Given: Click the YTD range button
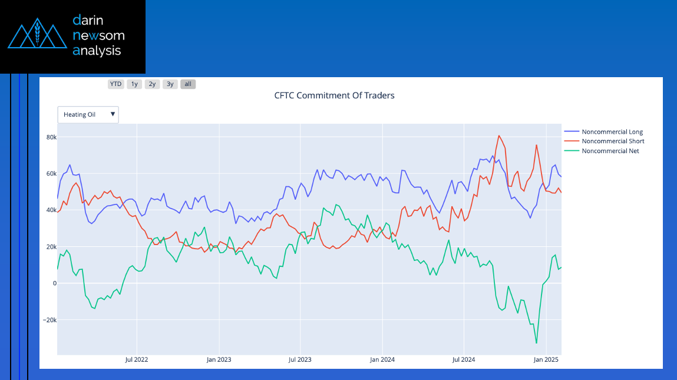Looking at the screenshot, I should point(115,84).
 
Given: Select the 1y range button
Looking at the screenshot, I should point(134,84).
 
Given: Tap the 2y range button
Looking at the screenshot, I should point(152,84).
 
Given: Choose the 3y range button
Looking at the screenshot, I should point(170,84).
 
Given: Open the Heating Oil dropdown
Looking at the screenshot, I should point(88,114).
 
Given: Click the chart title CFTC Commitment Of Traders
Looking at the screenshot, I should point(334,95).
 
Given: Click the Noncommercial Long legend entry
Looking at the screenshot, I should point(612,132).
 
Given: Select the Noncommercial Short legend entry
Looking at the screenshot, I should point(612,141).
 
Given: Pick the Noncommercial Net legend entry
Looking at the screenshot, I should point(610,151).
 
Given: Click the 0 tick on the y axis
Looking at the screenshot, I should point(54,283).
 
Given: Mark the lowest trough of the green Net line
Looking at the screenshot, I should point(536,343).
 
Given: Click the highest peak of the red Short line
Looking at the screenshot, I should point(499,136).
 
